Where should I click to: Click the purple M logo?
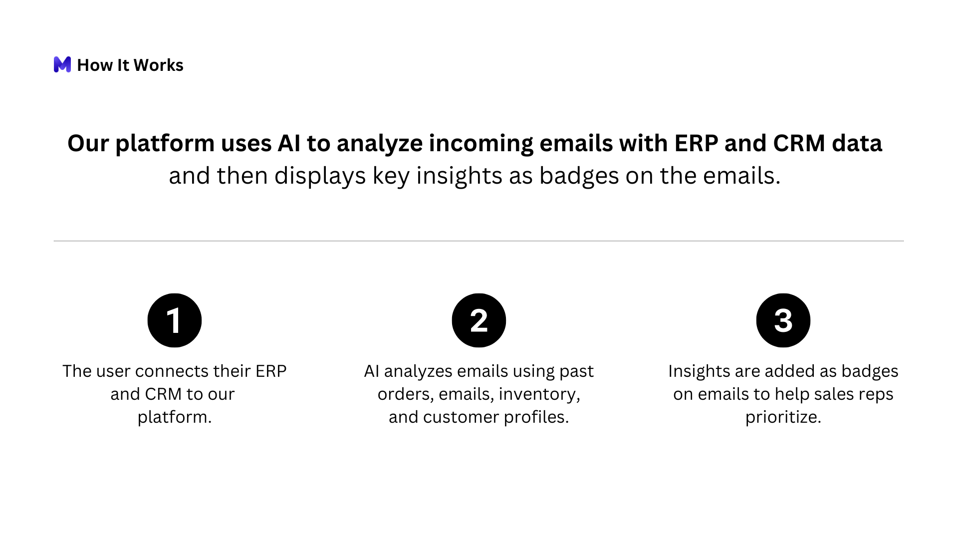coord(62,64)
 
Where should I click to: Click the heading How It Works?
coord(130,65)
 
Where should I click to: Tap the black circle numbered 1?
coord(175,320)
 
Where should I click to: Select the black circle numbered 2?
coord(479,320)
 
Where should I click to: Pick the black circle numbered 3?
coord(783,320)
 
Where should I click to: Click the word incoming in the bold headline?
coord(481,144)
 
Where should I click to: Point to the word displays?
coord(320,176)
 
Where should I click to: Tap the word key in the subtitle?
coord(391,176)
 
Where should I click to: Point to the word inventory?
coord(539,394)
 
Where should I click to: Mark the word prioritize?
coord(783,418)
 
